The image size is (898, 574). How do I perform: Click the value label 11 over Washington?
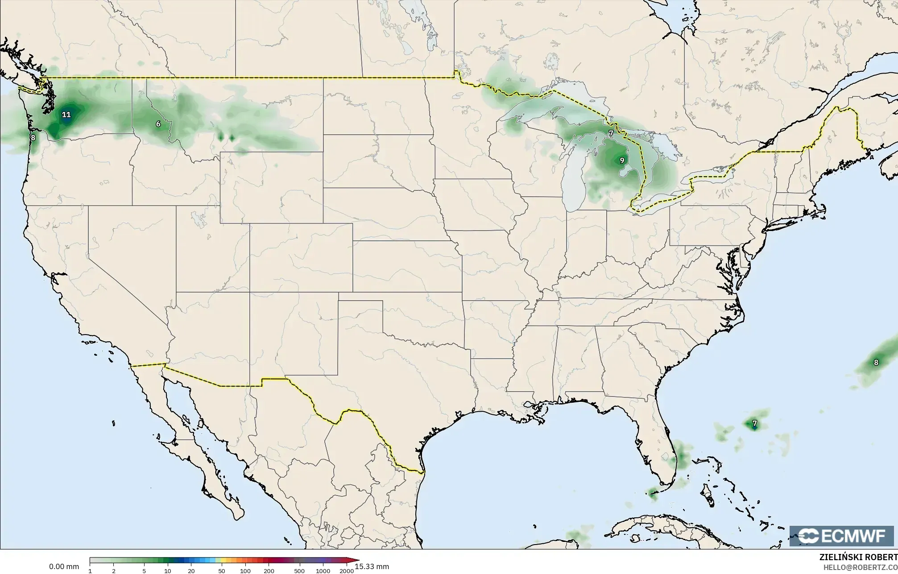(x=66, y=115)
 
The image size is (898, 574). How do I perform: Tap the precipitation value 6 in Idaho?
(x=158, y=124)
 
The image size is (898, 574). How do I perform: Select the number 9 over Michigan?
(x=622, y=161)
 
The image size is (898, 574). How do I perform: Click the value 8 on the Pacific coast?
(x=33, y=138)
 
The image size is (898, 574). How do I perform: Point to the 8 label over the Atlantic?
(x=876, y=363)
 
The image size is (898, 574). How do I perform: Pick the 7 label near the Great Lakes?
(x=611, y=133)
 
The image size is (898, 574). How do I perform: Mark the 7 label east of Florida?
(x=754, y=423)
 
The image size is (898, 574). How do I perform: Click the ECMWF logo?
(x=841, y=536)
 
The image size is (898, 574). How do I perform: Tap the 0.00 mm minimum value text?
(x=64, y=566)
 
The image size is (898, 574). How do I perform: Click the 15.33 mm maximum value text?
(x=372, y=566)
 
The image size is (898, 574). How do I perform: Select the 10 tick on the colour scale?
(x=167, y=571)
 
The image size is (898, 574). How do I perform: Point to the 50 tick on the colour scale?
(x=222, y=571)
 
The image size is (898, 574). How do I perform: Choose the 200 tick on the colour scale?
(x=269, y=571)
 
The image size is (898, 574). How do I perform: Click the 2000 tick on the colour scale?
(x=347, y=571)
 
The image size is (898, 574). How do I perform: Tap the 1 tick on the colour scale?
(x=90, y=571)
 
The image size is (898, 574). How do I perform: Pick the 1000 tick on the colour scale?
(x=323, y=571)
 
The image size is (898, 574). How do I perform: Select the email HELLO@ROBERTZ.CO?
(x=860, y=567)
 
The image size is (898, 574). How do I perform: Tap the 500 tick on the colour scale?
(x=299, y=571)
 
